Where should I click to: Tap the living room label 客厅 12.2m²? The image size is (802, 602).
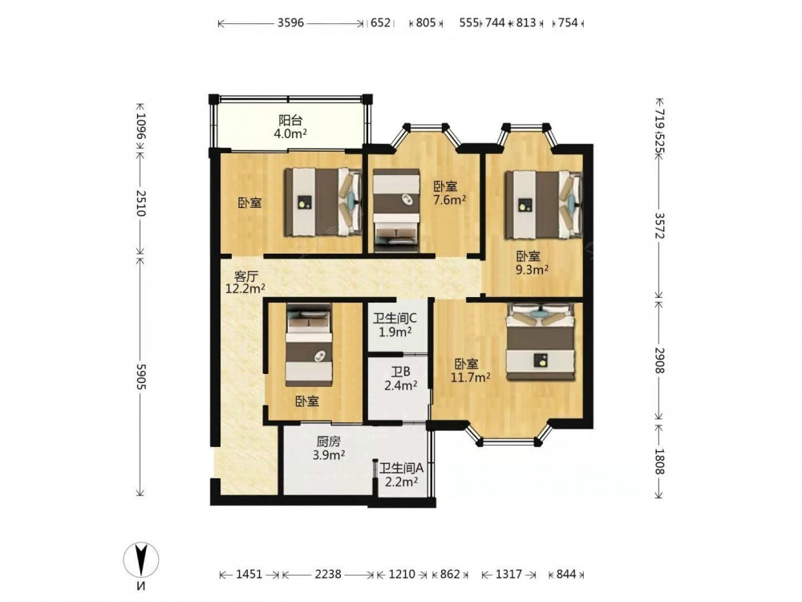[x=245, y=283]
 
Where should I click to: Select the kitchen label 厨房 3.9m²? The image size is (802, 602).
[x=328, y=448]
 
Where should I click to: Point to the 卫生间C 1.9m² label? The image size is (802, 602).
[x=395, y=325]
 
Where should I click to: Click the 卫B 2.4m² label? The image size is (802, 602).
[x=400, y=379]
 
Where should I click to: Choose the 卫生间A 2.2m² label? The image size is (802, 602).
[x=402, y=474]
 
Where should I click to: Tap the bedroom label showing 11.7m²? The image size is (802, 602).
[x=471, y=371]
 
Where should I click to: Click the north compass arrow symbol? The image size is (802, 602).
[x=141, y=560]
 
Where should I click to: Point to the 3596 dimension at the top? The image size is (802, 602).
[x=290, y=23]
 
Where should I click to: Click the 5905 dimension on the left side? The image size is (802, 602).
[x=140, y=376]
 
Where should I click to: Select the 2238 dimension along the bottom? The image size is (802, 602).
[x=328, y=575]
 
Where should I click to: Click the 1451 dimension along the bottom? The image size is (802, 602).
[x=249, y=575]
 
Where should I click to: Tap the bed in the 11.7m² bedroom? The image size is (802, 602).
[x=541, y=342]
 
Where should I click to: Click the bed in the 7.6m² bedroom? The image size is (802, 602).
[x=397, y=210]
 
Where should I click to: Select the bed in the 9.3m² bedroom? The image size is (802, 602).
[x=544, y=204]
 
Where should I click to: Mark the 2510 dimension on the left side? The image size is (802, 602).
[x=140, y=203]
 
